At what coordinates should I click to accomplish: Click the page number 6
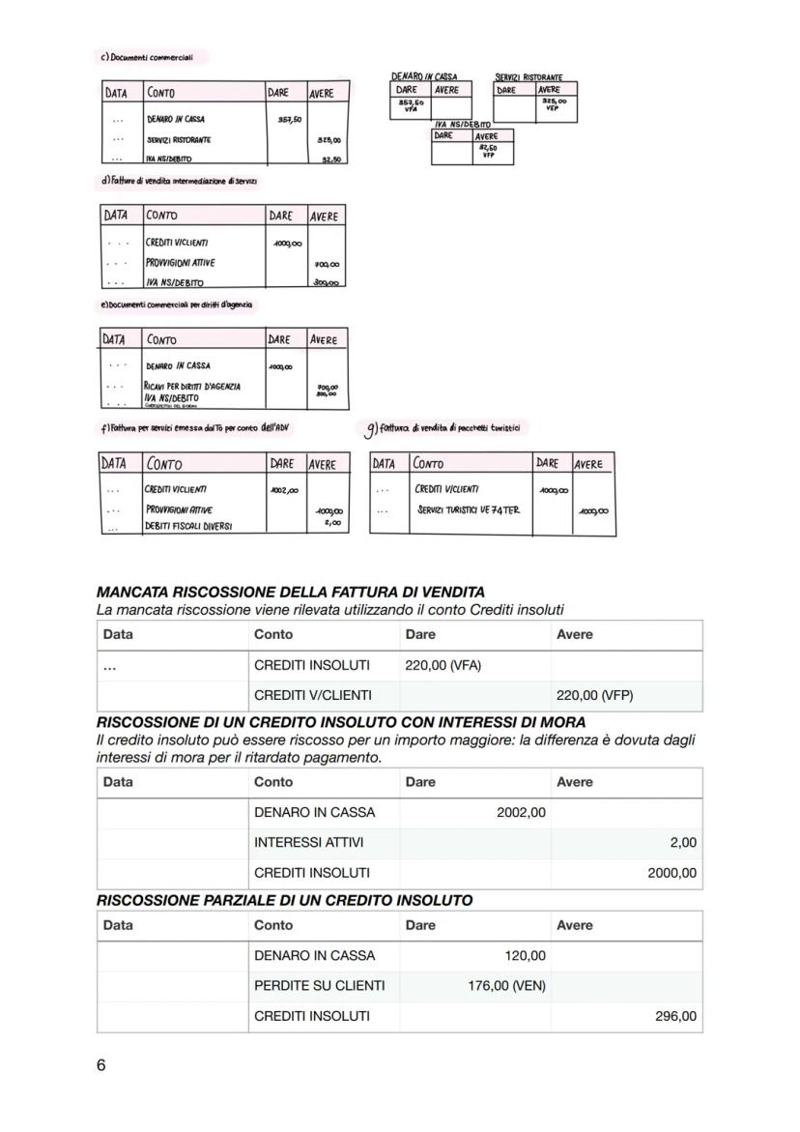tap(101, 1065)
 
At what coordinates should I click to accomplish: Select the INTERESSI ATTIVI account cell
tap(308, 843)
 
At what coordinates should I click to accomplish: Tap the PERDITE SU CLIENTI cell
tap(319, 986)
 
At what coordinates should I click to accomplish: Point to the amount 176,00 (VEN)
tap(500, 986)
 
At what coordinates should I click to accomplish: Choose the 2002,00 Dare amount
tap(521, 813)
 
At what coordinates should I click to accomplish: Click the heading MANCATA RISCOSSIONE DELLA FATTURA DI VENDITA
tap(291, 592)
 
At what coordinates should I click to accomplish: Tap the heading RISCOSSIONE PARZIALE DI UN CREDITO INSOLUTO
tap(284, 900)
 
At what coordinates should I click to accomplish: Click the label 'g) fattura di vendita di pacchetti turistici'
tap(445, 427)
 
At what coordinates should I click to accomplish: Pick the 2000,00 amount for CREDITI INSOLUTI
tap(671, 873)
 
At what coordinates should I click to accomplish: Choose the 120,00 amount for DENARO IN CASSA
tap(526, 956)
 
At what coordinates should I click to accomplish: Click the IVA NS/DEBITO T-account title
tap(464, 125)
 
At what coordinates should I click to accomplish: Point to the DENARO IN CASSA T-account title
tap(424, 75)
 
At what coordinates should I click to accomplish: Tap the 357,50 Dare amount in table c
tap(289, 120)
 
